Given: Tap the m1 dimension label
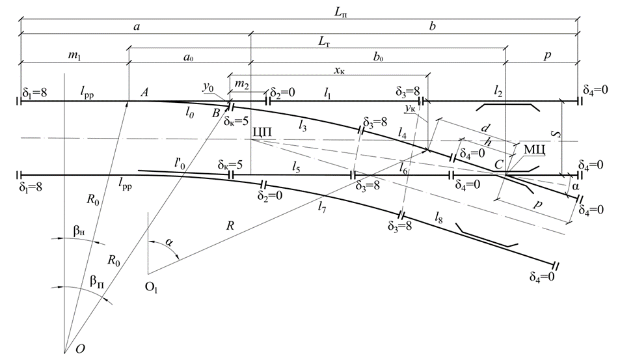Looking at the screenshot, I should [x=75, y=57].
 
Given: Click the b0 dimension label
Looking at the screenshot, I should [x=377, y=57].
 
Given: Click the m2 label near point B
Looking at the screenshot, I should [x=241, y=85].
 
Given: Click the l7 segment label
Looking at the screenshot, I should [x=322, y=208].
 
